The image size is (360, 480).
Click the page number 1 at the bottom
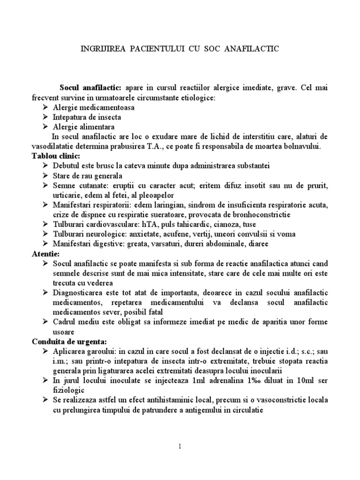pyautogui.click(x=180, y=446)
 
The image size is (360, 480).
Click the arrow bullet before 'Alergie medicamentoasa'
pyautogui.click(x=44, y=107)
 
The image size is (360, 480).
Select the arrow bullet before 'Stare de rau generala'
pyautogui.click(x=44, y=175)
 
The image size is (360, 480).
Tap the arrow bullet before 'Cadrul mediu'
pyautogui.click(x=44, y=322)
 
